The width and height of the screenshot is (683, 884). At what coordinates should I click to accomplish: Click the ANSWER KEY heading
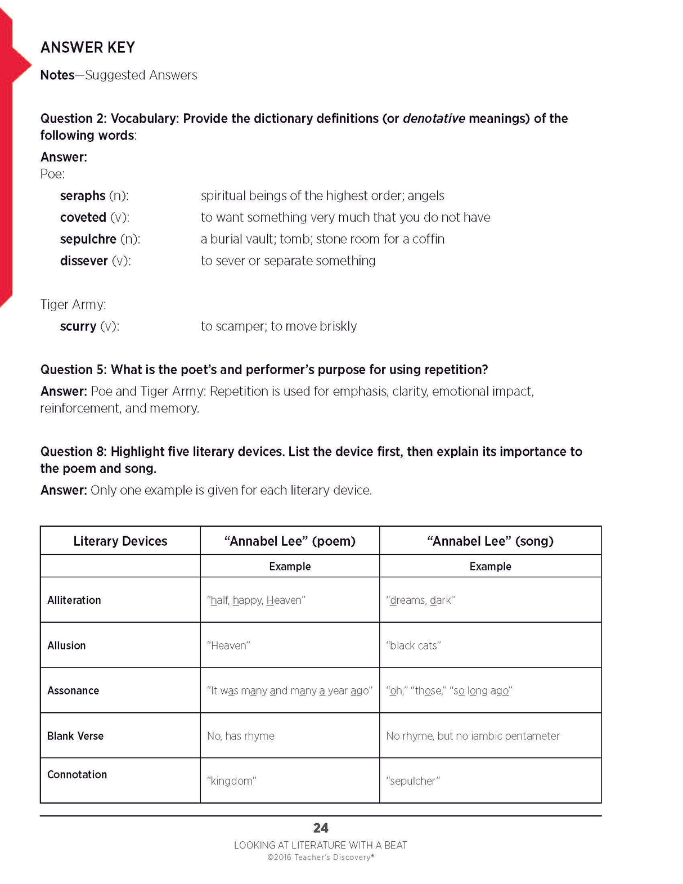88,47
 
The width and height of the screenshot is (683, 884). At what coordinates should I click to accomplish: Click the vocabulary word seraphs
83,196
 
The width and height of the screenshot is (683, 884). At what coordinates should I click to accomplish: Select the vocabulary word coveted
83,217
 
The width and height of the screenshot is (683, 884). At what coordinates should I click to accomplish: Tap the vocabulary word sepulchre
88,239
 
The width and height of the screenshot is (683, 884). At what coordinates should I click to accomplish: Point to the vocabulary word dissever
84,261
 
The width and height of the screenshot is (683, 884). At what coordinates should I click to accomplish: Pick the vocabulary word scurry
78,326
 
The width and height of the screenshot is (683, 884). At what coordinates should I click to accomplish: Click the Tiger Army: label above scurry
73,304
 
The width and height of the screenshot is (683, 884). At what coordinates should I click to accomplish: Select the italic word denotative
434,119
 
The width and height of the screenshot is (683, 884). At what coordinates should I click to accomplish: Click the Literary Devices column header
120,541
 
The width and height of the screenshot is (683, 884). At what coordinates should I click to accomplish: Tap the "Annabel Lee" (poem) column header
290,541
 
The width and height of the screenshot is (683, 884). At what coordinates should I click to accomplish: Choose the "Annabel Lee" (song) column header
490,541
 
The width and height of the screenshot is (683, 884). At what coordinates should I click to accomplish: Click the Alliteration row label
74,600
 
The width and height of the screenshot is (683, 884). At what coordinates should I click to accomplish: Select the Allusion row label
66,645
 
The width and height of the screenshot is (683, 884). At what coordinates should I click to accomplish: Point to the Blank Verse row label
75,736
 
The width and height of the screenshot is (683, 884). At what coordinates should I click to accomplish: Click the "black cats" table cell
414,645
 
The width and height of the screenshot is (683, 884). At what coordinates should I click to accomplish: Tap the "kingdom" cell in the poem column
232,781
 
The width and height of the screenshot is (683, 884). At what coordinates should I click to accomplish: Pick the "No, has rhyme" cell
241,736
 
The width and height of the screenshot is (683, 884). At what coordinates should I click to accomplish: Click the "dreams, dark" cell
420,600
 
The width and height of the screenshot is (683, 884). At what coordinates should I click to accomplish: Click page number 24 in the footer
321,828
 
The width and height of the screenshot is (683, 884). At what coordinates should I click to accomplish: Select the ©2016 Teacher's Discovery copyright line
320,858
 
